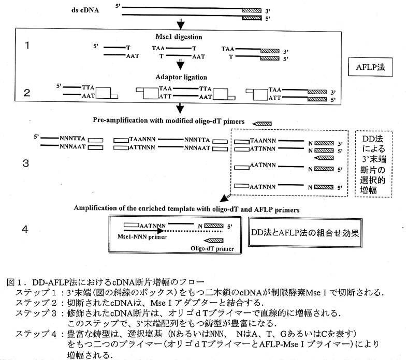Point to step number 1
[26, 46]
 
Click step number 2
[26, 94]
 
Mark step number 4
[26, 228]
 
